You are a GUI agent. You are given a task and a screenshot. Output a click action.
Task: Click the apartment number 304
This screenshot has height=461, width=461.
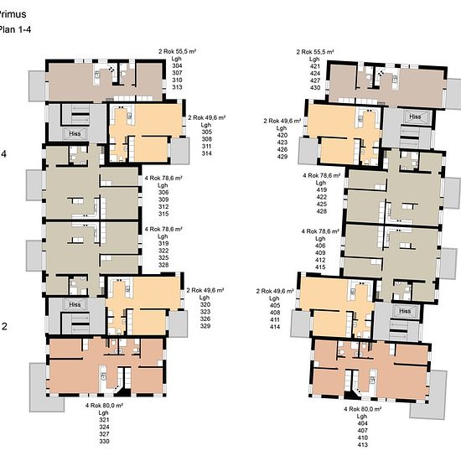177,65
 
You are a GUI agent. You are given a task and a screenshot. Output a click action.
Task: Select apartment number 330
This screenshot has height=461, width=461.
104,441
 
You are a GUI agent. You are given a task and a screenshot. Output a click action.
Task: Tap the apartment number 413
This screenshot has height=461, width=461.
362,444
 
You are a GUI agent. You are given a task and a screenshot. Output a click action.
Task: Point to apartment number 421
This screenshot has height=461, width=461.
315,66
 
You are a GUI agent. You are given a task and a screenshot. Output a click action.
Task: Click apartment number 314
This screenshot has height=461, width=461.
207,153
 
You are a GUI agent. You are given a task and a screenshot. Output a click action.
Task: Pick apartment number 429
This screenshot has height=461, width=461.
282,157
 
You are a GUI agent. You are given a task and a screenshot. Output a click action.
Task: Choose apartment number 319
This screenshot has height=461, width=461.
163,243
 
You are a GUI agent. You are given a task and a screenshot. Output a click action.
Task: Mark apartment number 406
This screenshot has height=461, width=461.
320,246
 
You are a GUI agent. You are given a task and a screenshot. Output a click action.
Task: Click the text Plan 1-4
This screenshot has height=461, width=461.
15,29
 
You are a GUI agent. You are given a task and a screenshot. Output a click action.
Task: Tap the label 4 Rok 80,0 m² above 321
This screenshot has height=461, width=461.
104,406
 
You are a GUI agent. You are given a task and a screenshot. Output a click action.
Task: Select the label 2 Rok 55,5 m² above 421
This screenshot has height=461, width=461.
315,52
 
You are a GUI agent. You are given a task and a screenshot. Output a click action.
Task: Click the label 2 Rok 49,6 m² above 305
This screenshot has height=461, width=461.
207,117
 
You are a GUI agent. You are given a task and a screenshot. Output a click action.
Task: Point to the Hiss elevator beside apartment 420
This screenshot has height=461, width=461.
415,117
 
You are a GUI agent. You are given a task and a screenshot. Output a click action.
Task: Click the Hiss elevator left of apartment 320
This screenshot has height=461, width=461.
75,304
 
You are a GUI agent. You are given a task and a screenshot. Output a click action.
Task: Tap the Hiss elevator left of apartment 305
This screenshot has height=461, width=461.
75,134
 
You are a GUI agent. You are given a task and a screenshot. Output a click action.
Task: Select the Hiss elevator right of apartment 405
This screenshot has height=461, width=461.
405,311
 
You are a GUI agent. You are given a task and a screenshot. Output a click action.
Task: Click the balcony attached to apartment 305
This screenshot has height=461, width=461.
180,151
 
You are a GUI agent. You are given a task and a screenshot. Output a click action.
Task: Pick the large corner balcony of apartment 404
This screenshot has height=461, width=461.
428,395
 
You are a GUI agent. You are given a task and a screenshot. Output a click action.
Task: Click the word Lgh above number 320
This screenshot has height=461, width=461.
205,298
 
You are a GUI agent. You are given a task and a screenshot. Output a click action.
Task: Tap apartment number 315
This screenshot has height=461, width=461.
163,214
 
